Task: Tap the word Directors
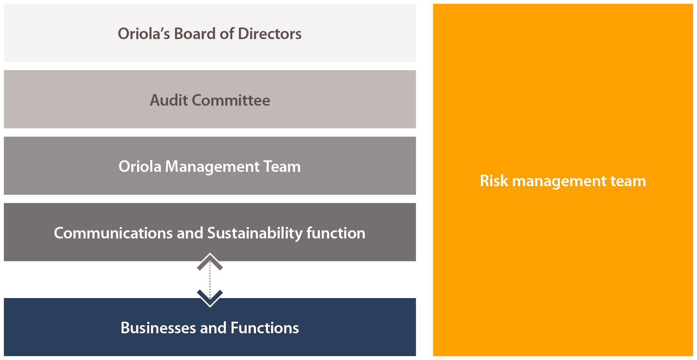point(270,34)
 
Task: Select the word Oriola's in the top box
point(144,34)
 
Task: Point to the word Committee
point(231,100)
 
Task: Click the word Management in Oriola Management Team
point(213,167)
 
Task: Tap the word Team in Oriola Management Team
point(282,167)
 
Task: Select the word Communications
point(113,233)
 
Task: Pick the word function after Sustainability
point(336,233)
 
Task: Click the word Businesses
point(158,328)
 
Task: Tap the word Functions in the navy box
point(265,328)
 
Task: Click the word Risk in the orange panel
point(494,181)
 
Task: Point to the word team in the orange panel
point(628,181)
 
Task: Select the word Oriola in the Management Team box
point(140,167)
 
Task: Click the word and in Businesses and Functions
point(213,328)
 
